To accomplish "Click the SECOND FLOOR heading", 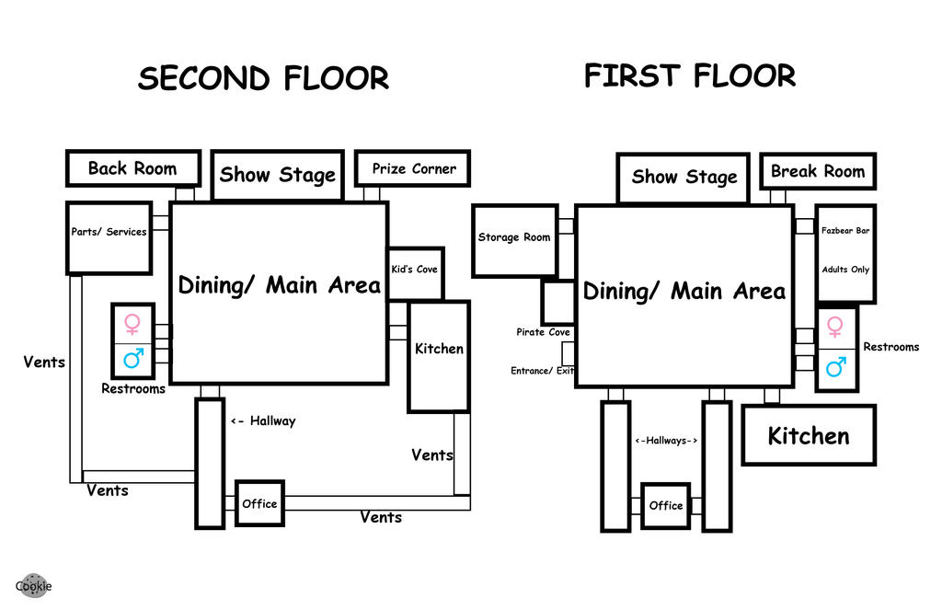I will tap(263, 78).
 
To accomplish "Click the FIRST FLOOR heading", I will tap(689, 75).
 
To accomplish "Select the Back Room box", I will tap(132, 168).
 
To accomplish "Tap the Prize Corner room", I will tap(413, 168).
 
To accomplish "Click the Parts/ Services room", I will tap(109, 237).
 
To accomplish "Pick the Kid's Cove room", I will tap(415, 272).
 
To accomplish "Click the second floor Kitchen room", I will tap(439, 355).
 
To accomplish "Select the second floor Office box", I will tap(259, 503).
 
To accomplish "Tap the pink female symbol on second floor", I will tap(132, 323).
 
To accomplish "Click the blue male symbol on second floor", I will tap(132, 358).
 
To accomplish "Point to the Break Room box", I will tap(818, 171).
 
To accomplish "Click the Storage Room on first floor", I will tap(514, 239).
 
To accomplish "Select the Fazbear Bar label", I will tap(845, 231).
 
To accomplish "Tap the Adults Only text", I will tap(845, 270).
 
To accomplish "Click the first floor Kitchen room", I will tap(809, 435).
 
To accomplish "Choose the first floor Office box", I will tap(665, 505).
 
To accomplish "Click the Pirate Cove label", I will tap(543, 332).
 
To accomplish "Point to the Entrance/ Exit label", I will tap(543, 371).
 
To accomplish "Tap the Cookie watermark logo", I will tap(33, 585).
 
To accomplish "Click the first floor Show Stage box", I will tap(684, 177).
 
